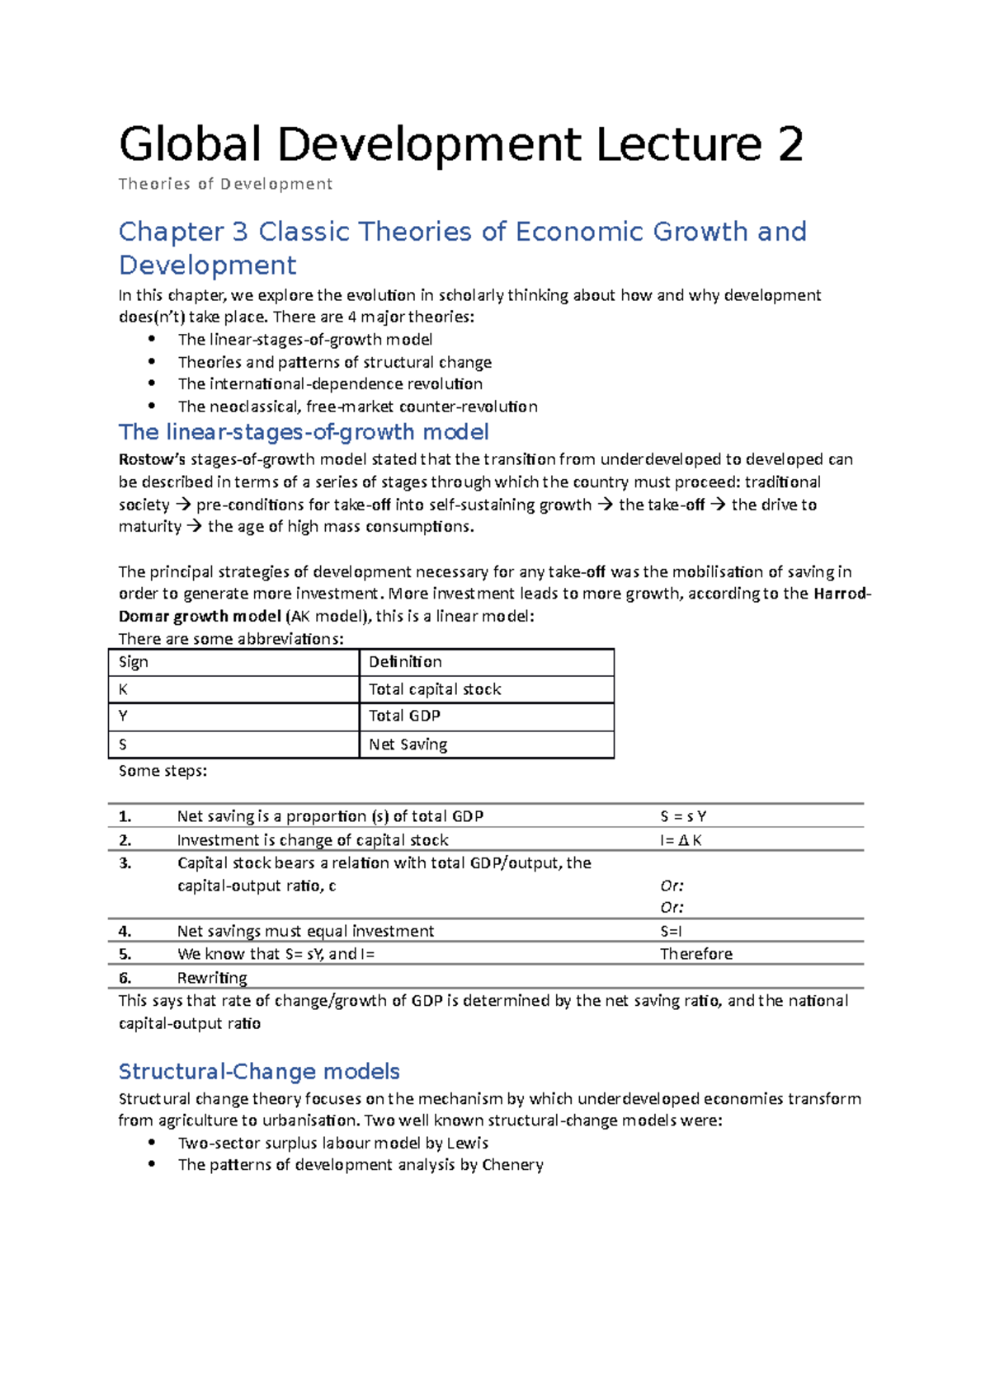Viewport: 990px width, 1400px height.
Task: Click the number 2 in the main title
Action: [790, 145]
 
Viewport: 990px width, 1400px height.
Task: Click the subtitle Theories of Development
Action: [225, 184]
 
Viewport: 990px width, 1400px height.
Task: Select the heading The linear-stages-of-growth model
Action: [304, 432]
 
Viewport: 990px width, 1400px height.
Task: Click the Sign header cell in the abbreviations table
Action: [134, 662]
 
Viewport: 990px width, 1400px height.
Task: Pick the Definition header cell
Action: [405, 662]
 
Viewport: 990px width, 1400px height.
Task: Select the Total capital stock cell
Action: [435, 689]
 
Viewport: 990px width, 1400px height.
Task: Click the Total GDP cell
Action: [404, 716]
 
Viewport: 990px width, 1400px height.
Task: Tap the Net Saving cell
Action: [408, 745]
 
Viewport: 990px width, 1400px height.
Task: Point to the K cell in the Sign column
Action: [124, 689]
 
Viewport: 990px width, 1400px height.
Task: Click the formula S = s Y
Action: [683, 816]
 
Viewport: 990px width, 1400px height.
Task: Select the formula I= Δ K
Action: [681, 840]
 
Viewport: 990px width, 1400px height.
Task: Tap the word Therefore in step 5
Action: [695, 954]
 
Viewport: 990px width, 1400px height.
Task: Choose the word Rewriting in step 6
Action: [212, 978]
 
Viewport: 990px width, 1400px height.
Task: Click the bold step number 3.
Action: [125, 863]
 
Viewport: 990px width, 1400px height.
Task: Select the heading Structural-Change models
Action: [259, 1071]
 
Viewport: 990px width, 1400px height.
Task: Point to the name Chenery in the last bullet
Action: [512, 1165]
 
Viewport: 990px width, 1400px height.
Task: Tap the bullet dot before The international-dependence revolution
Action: [151, 383]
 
